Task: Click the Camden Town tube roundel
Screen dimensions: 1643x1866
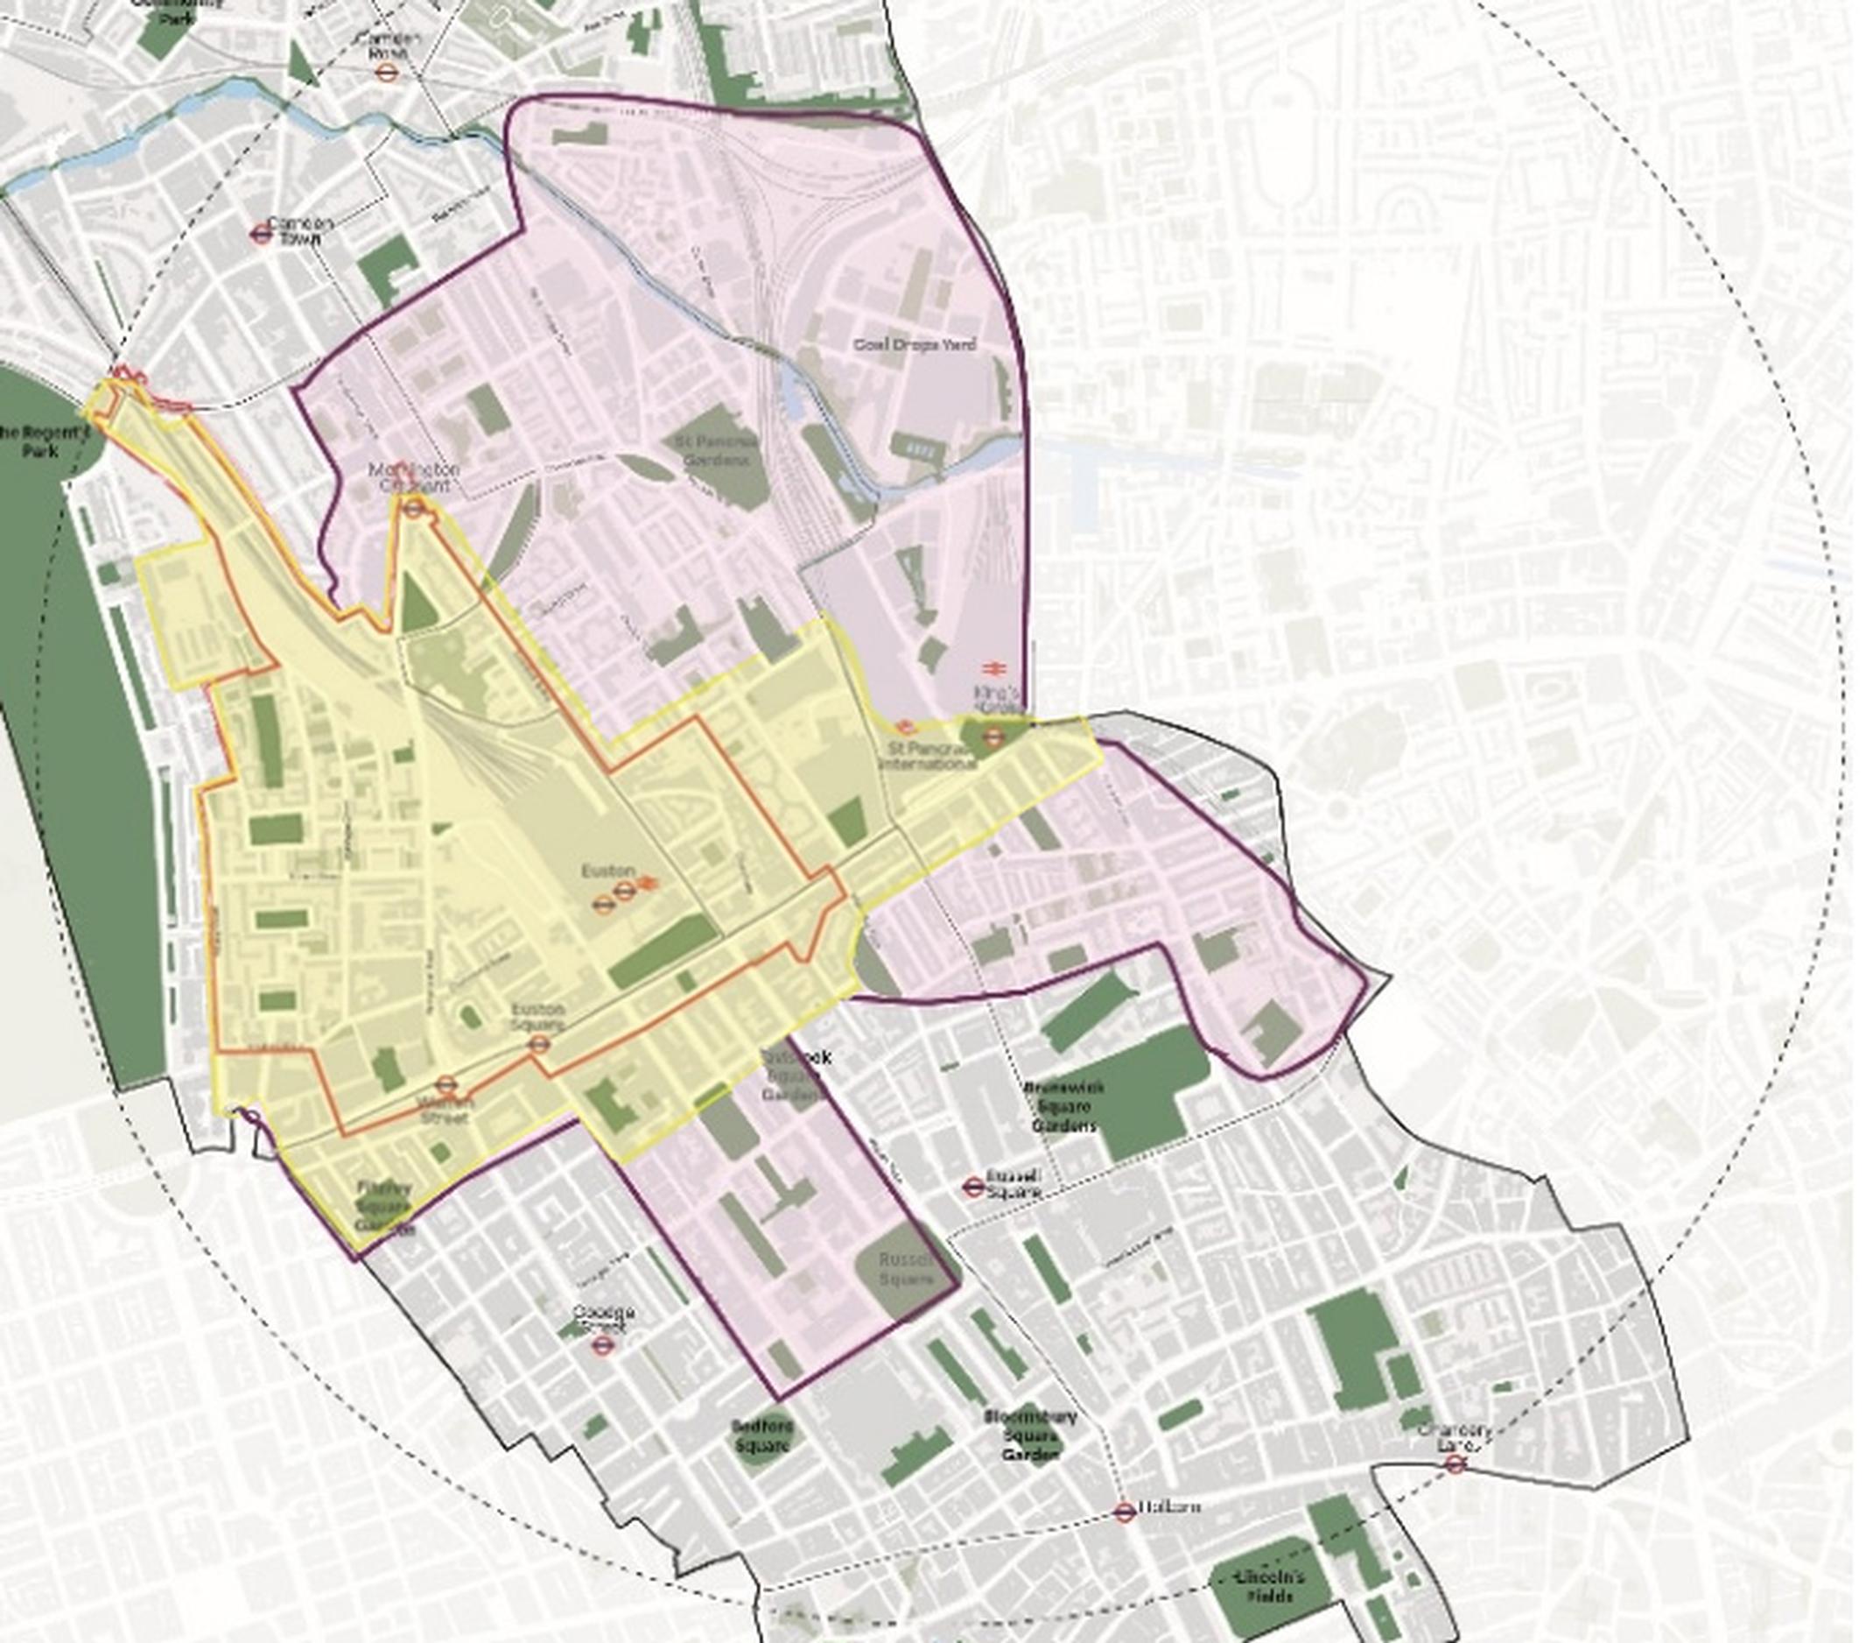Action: (260, 233)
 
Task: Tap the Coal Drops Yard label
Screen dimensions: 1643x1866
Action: (914, 344)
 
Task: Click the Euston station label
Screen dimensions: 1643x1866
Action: (608, 872)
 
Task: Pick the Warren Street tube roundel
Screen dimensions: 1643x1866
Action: (445, 1086)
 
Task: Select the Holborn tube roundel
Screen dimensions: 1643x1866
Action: (1125, 1513)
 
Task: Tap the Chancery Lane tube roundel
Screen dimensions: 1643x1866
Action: (1456, 1464)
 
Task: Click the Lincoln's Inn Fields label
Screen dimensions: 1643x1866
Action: (1269, 1586)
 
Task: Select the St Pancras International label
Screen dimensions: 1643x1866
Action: (927, 756)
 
